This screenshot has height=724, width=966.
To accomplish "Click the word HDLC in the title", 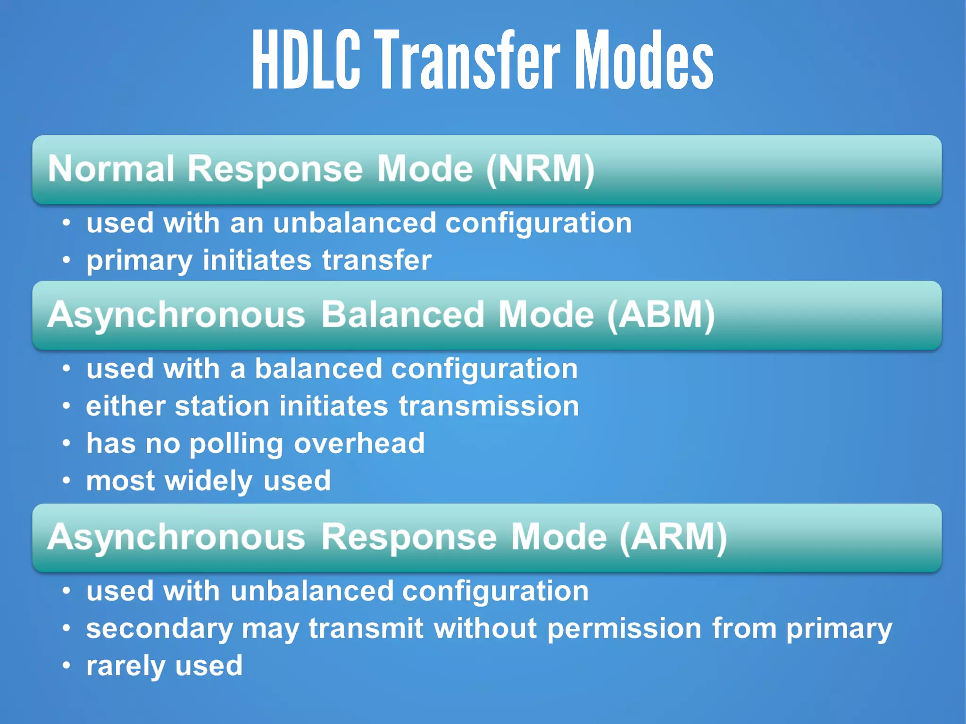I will coord(306,60).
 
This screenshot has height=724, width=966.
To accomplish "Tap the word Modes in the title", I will coord(644,60).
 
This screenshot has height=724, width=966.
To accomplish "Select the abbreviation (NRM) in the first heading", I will coord(540,169).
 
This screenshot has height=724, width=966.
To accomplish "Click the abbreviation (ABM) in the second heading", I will coord(661,315).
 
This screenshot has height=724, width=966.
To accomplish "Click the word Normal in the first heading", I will coord(111,169).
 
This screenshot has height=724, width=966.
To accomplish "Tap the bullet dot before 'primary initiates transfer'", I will coord(67,260).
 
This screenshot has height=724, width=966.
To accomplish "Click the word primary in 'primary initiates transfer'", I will coord(139,261).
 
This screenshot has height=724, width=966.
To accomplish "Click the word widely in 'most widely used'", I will coord(209,482).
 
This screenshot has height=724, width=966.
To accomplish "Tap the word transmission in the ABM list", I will coord(489,406).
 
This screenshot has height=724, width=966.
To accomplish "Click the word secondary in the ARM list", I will coord(159,629).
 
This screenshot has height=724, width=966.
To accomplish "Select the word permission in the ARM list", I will coord(624,629).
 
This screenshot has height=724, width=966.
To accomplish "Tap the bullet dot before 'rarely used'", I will coord(67,666).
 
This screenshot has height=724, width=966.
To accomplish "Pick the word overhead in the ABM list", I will coord(359,443).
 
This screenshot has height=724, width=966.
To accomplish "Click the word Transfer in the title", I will coord(469,60).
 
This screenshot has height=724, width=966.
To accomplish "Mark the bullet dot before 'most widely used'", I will coord(67,481).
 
